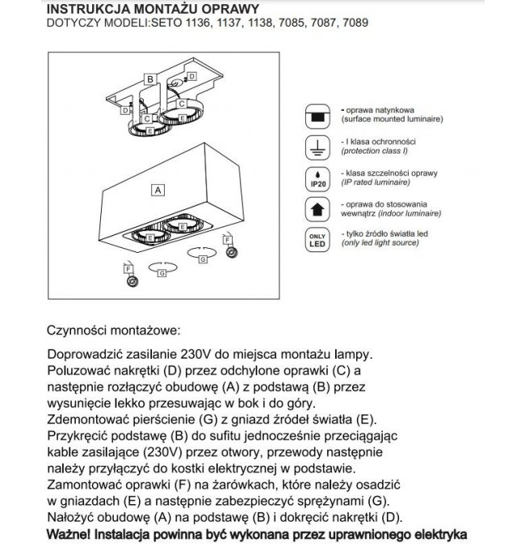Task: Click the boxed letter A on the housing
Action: pos(158,190)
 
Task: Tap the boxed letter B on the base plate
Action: pos(150,78)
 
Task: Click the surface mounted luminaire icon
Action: pos(316,116)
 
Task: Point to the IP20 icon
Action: pos(316,179)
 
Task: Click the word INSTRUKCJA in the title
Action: pos(88,8)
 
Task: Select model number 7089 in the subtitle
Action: pos(356,23)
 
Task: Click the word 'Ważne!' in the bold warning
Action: pos(69,534)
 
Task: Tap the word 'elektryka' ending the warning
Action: pos(435,534)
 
